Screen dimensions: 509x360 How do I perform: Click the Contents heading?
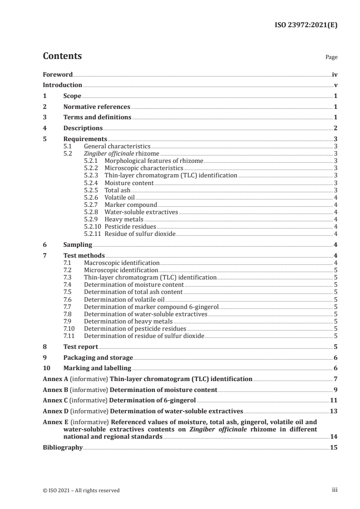62,56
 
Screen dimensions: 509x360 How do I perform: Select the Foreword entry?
58,74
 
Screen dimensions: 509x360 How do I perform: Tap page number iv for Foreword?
335,74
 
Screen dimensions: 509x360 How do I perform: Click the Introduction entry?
62,85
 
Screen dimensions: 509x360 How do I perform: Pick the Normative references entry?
97,107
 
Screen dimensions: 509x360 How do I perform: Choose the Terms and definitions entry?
97,117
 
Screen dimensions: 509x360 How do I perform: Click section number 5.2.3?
93,175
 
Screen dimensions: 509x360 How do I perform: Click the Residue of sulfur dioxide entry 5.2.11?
140,234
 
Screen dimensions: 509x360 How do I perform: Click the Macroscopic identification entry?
122,263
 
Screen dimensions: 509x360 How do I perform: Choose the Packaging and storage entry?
98,357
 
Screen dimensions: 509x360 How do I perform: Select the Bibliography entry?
63,447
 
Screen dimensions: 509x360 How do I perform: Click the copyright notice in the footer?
81,490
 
